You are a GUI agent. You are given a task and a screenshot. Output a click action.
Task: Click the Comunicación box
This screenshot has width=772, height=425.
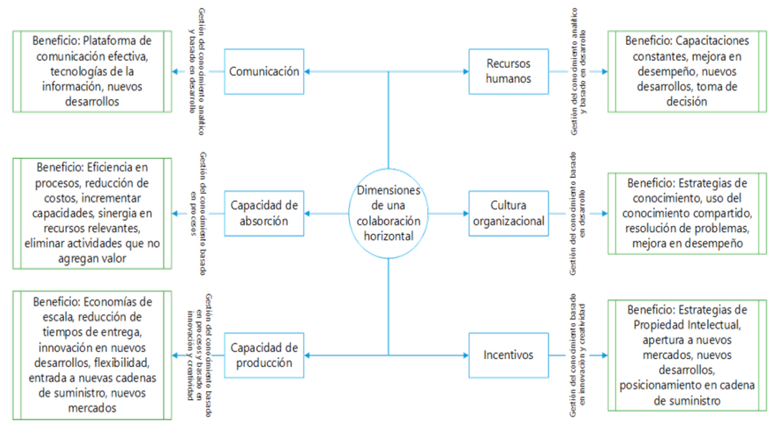click(264, 71)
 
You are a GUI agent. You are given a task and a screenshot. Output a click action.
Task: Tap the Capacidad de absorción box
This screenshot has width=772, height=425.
click(264, 213)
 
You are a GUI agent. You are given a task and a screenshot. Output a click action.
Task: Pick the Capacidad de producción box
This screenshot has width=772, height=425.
click(264, 355)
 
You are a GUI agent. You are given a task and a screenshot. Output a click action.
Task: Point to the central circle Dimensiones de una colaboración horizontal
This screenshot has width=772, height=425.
click(389, 213)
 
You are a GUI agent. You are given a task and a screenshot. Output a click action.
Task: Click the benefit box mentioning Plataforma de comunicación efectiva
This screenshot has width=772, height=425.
click(92, 71)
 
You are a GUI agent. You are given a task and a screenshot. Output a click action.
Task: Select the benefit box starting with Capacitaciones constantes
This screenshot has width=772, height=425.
click(687, 71)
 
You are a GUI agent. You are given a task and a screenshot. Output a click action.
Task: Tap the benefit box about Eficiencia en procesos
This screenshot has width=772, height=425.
click(92, 213)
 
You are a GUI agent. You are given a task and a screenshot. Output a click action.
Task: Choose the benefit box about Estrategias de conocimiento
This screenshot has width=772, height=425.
click(687, 213)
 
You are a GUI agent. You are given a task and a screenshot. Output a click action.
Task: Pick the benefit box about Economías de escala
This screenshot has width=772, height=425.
click(92, 355)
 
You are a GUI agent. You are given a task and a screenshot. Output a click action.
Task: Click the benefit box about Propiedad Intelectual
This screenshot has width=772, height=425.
click(687, 355)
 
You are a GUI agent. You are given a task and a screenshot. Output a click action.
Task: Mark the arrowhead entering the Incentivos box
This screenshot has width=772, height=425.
click(467, 355)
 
